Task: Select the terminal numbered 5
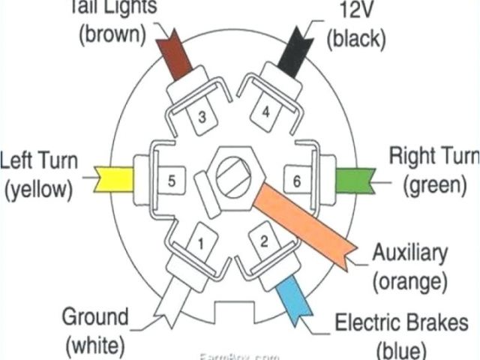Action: point(171,181)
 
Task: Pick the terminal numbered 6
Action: point(296,181)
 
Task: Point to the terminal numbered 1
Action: point(201,243)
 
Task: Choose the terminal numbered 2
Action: point(263,241)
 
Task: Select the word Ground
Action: point(95,316)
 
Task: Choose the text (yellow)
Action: point(38,190)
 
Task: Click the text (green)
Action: point(433,184)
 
